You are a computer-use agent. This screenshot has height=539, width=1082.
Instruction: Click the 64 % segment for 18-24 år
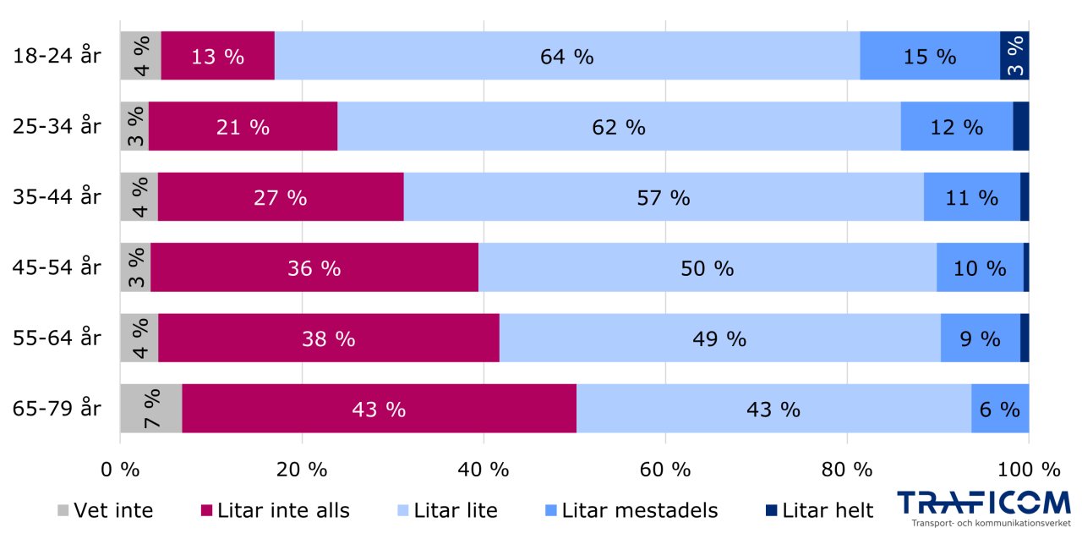566,57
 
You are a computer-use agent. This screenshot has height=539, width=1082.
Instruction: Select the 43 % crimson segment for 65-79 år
379,409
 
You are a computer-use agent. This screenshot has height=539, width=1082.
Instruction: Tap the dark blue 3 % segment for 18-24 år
1014,57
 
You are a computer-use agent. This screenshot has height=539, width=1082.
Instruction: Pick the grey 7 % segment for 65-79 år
150,409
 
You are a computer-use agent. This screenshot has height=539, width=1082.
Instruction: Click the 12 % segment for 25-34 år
956,127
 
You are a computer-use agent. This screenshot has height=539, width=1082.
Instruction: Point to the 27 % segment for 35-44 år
280,197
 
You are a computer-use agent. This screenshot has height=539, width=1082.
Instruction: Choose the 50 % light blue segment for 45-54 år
707,268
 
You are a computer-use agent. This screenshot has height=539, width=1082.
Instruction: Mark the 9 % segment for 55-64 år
980,338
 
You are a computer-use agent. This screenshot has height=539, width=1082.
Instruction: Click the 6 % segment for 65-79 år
999,409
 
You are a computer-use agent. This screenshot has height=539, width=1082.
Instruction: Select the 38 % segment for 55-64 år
328,338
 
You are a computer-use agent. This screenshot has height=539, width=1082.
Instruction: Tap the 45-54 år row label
57,268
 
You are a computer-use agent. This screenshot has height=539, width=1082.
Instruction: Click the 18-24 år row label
57,57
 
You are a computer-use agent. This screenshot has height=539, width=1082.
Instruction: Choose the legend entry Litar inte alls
275,510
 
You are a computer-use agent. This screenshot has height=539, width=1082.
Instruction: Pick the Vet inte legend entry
105,510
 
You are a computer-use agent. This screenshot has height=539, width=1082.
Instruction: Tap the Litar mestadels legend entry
631,510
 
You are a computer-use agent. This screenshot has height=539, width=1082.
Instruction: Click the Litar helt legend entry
819,510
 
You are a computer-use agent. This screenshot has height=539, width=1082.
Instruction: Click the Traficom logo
983,508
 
